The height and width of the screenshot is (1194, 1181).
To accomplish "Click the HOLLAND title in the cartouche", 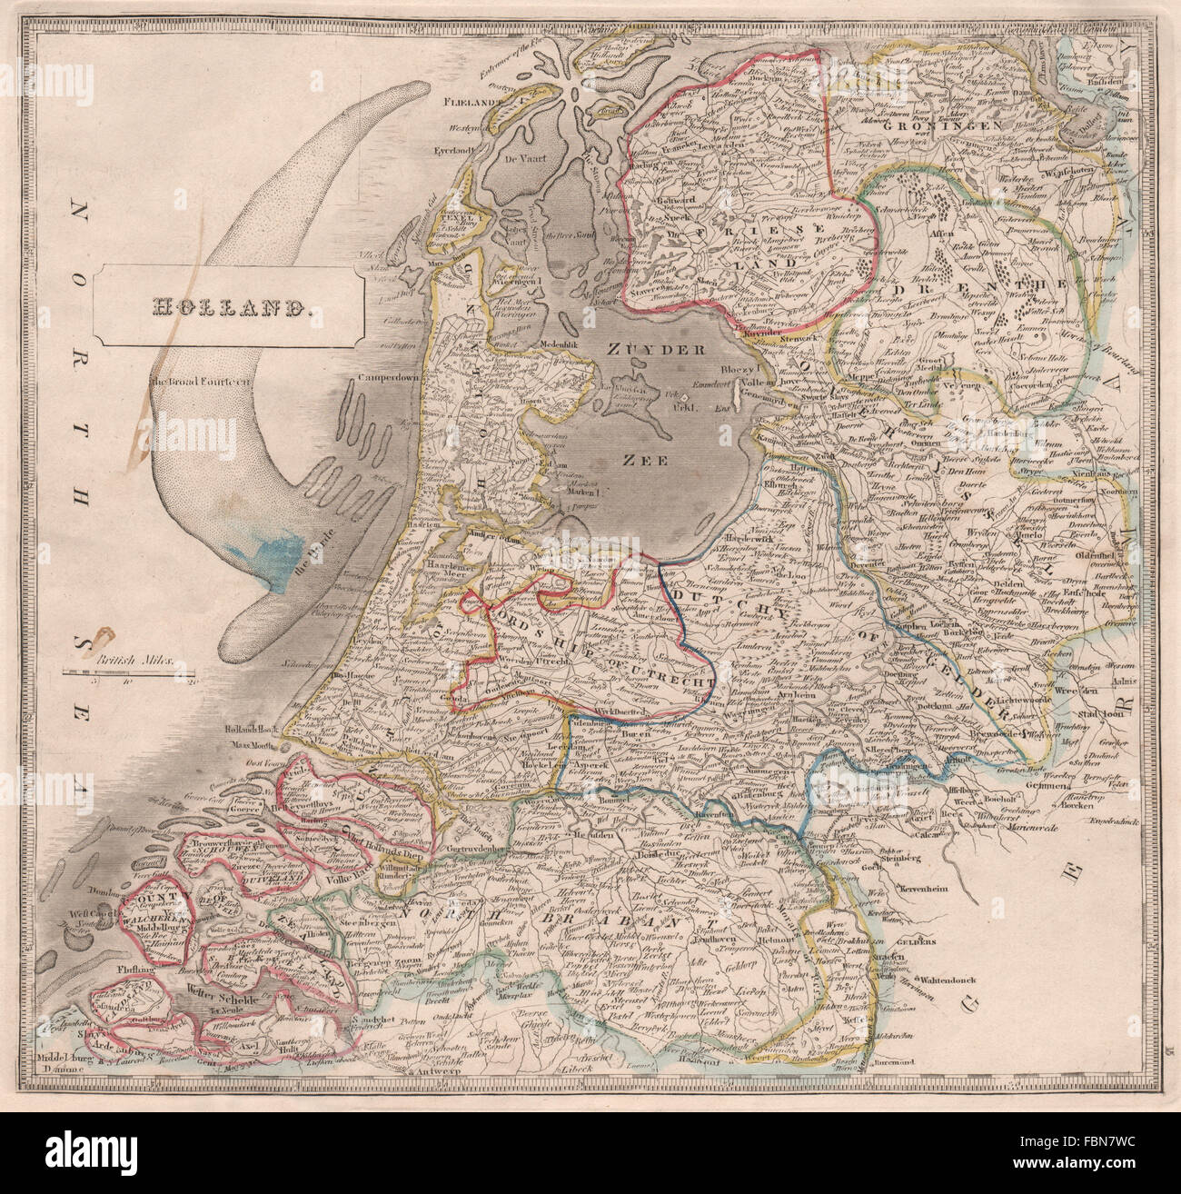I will point(232,306).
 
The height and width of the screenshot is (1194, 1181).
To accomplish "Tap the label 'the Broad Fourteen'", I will point(208,381).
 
